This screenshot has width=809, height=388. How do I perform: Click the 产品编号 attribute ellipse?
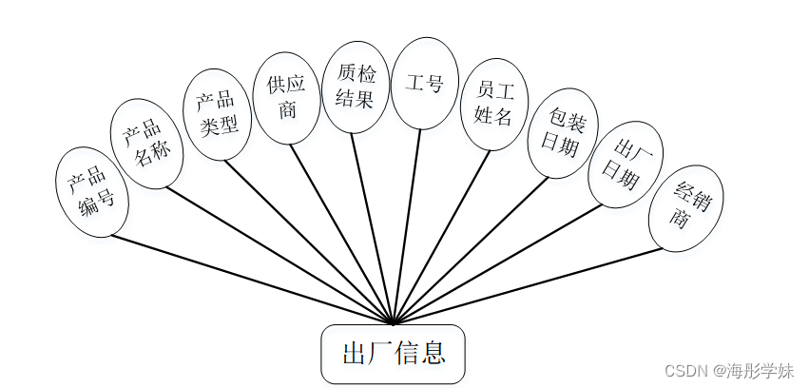pos(92,191)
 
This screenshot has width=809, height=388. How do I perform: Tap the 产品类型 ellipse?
pos(217,114)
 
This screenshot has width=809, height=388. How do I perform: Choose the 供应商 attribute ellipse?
pos(287,98)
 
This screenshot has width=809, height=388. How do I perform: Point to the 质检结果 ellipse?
pos(356,85)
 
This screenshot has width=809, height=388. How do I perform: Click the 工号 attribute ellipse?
pos(425,83)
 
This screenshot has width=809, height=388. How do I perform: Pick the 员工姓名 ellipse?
pos(493,104)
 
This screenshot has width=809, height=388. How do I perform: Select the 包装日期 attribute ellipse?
pos(563,133)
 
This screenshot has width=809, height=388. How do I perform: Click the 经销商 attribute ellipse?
pos(685,208)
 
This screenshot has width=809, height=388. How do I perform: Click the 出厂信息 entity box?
pos(393,354)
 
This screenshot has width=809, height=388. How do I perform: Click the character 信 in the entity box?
pos(406,355)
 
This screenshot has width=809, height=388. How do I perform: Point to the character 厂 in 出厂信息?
pos(379,355)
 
